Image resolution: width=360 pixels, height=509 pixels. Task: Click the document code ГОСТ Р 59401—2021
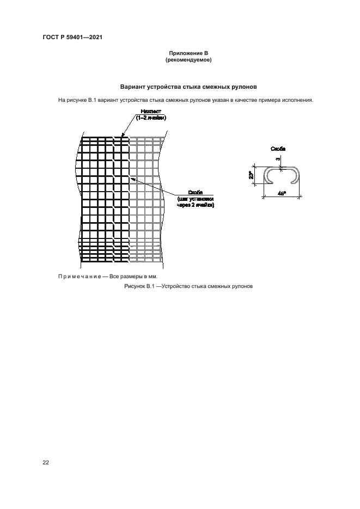coord(72,38)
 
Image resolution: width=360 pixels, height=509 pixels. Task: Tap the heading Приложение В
coord(188,53)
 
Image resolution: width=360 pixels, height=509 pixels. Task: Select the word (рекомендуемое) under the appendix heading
coord(188,60)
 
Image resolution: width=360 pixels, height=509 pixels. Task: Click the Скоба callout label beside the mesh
coord(196,193)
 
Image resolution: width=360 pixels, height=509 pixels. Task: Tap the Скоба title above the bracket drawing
coord(278,148)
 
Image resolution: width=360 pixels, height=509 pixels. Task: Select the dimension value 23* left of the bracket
coord(251,175)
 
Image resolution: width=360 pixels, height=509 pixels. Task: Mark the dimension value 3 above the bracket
coord(278,159)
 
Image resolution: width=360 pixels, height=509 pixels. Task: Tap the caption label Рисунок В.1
coord(141,287)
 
